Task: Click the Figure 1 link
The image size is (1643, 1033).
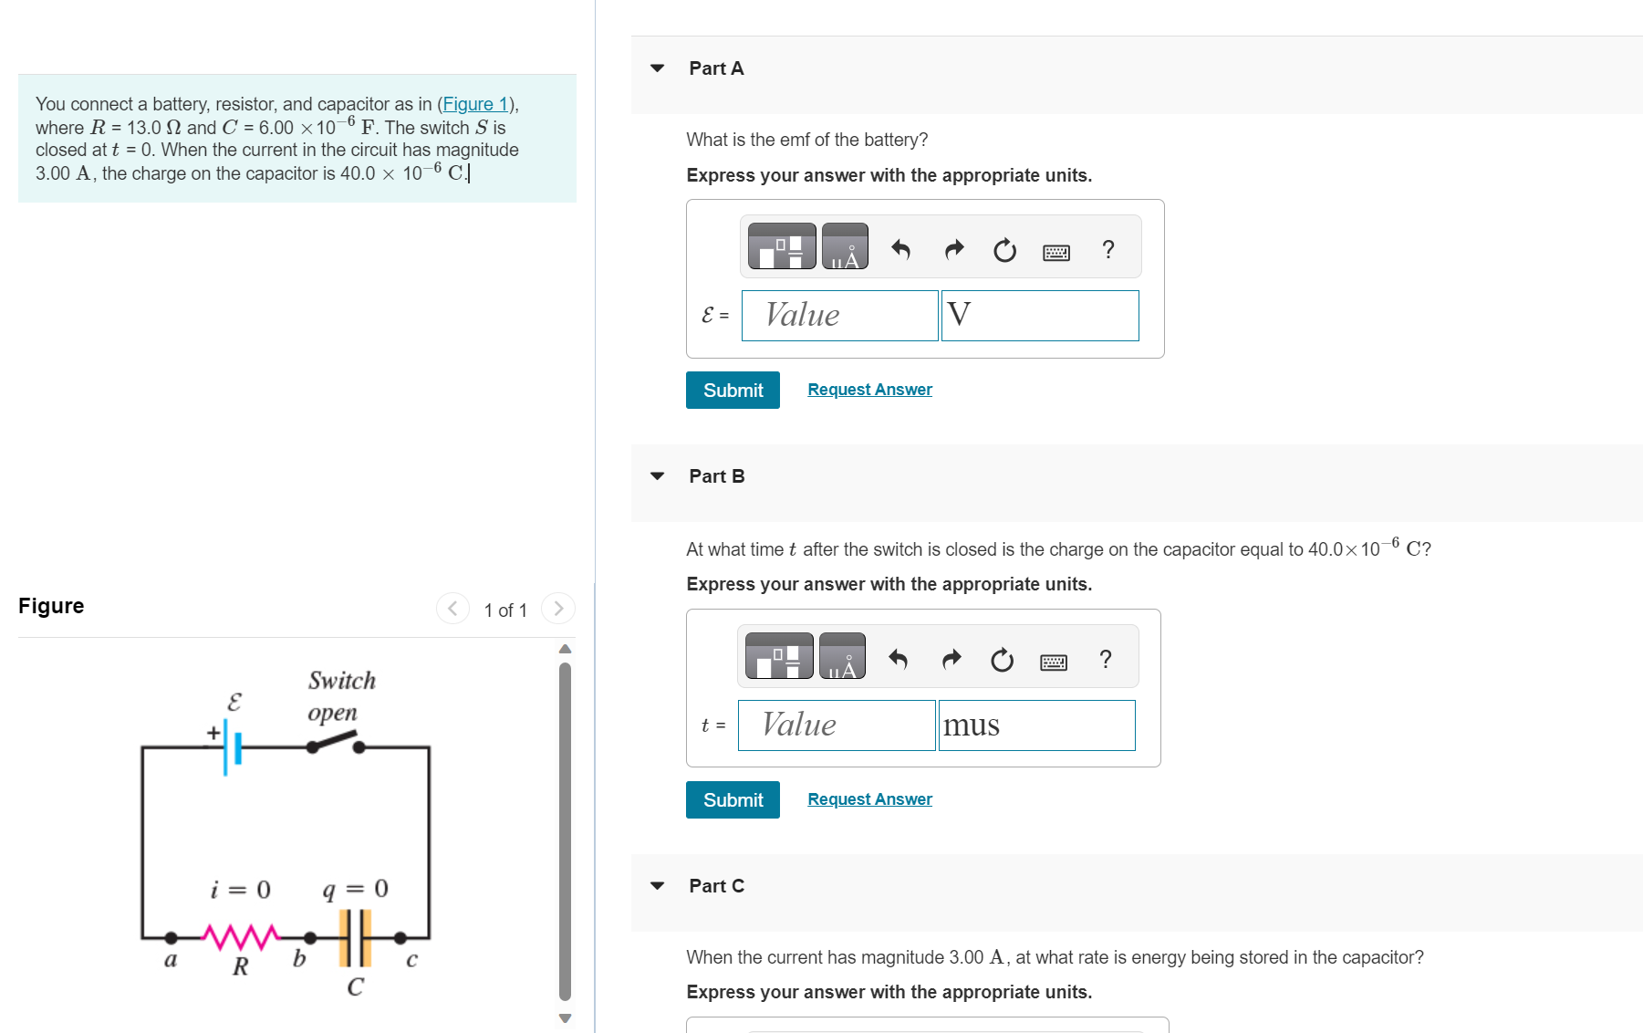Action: (x=475, y=104)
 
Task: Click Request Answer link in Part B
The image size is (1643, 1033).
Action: (x=869, y=799)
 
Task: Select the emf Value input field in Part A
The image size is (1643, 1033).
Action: (x=839, y=316)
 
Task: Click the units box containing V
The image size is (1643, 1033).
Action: (x=1040, y=316)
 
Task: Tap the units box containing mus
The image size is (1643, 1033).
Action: (x=1036, y=725)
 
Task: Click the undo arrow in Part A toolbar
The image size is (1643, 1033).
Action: (x=900, y=249)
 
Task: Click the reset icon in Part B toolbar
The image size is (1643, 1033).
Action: (x=1002, y=660)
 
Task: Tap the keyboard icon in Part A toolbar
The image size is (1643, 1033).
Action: (x=1056, y=252)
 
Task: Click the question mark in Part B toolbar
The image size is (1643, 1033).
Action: (x=1106, y=659)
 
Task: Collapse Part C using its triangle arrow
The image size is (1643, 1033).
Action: (x=657, y=885)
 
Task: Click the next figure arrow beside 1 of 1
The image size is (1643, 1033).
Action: (x=558, y=609)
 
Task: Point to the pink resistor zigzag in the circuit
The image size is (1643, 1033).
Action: (x=240, y=936)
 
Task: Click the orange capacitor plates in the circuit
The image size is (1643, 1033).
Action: (x=355, y=937)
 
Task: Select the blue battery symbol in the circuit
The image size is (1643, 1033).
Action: (x=232, y=747)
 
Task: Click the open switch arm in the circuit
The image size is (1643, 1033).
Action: (x=334, y=740)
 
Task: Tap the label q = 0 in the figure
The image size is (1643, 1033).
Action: (x=355, y=889)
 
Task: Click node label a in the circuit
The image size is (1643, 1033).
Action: (x=170, y=959)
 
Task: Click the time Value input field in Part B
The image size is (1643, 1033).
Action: (x=837, y=725)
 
